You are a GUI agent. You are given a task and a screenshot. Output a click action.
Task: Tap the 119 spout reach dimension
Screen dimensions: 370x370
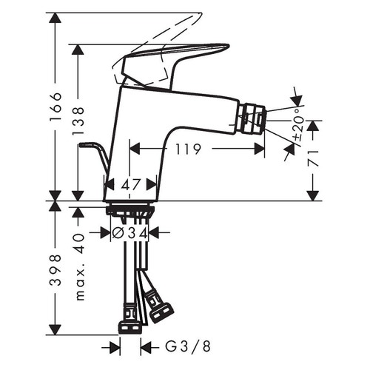coord(189,149)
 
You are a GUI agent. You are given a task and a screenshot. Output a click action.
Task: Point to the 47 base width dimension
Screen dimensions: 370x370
coord(131,185)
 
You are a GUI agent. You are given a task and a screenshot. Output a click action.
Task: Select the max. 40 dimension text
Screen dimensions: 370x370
coord(79,268)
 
